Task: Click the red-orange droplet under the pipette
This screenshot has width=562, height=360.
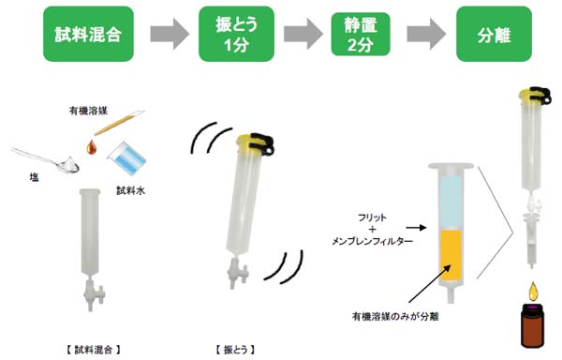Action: coord(91,148)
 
